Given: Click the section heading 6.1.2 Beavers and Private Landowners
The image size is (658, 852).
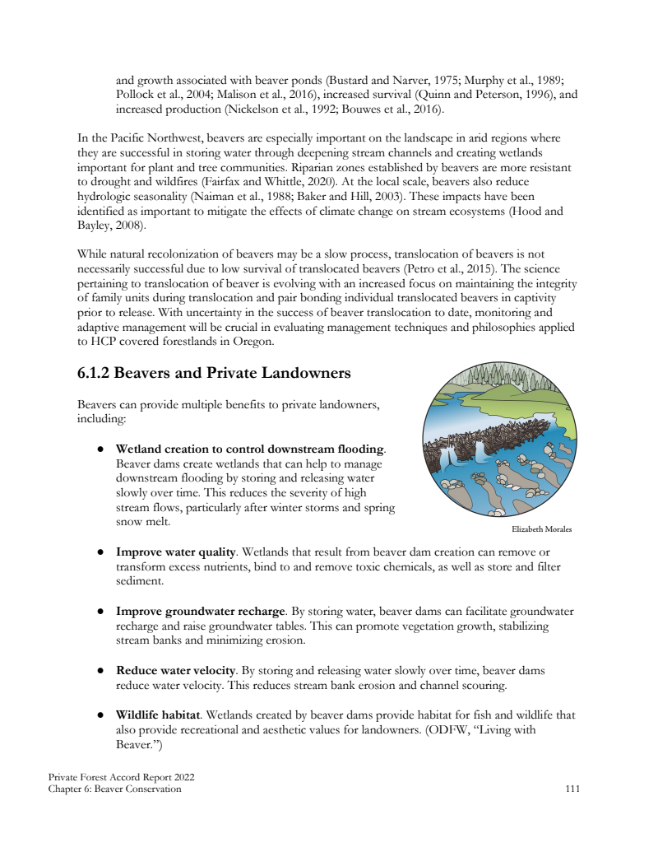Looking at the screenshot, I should pyautogui.click(x=214, y=373).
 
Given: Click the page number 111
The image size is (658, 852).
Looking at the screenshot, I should pyautogui.click(x=572, y=789).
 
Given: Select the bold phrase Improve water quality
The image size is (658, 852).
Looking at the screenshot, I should pyautogui.click(x=176, y=551).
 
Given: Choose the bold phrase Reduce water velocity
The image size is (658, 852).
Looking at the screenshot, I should pyautogui.click(x=177, y=671).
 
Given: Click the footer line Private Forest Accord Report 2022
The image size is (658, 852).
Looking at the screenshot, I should pyautogui.click(x=122, y=777).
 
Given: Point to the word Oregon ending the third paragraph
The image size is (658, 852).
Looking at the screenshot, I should pyautogui.click(x=252, y=342).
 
